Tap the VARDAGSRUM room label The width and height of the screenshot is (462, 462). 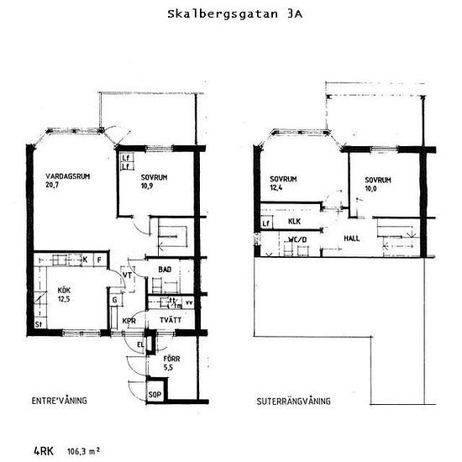coord(68,181)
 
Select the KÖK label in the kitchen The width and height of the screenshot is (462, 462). coord(65,294)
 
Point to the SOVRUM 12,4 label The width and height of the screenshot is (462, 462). coord(283,184)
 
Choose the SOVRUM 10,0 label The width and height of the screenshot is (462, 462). coord(377,184)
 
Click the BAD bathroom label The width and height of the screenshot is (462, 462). coord(165,270)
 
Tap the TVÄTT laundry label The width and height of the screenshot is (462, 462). coord(169,321)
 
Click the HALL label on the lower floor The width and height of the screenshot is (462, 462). coord(352,239)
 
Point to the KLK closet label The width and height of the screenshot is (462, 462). coord(294,222)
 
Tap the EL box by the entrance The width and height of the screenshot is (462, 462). coord(141,344)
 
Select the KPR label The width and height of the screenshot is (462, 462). coord(129,322)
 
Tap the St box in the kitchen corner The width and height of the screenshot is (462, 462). coord(39,323)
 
